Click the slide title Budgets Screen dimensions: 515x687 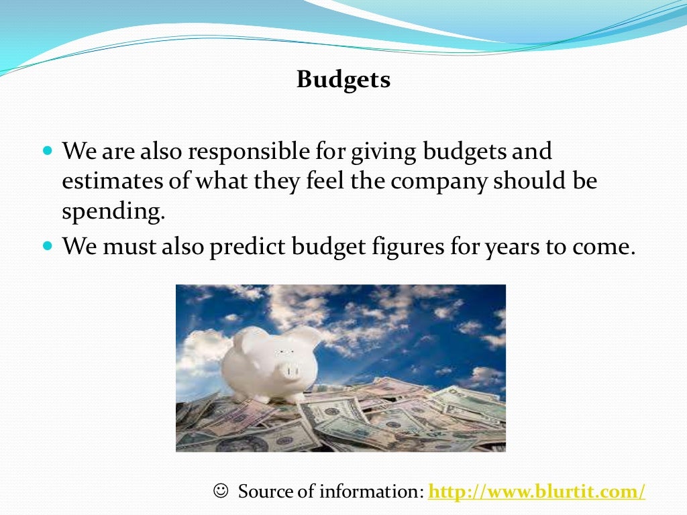point(343,80)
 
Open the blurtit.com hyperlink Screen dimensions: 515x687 point(536,492)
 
